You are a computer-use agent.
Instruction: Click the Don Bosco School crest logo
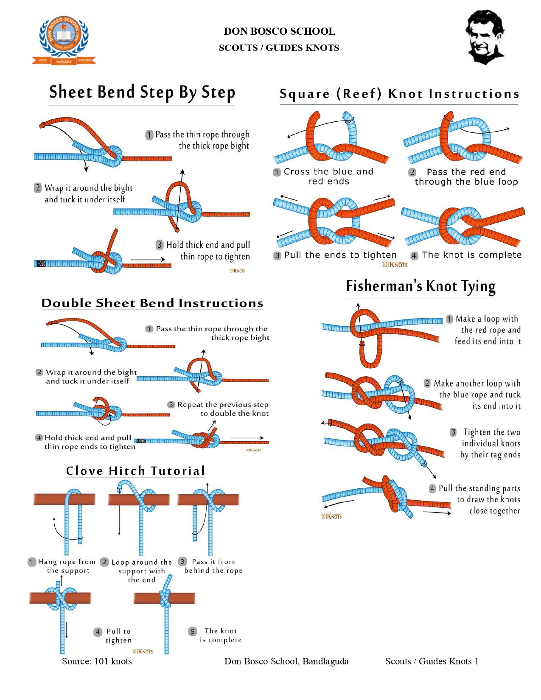(64, 40)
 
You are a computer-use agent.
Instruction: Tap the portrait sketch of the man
(485, 37)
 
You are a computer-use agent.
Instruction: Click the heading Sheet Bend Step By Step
(142, 92)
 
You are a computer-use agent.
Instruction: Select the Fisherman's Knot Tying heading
(420, 287)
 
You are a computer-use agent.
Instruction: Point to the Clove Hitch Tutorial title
(135, 471)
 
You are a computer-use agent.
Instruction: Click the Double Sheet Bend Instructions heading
(152, 303)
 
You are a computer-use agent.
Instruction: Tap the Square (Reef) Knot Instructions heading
(399, 94)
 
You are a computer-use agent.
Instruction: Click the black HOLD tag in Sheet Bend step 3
(41, 264)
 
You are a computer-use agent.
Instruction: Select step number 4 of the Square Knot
(414, 256)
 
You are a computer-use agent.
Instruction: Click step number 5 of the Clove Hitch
(193, 632)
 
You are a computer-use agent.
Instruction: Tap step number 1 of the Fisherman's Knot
(450, 319)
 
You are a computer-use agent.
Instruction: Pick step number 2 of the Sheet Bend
(38, 188)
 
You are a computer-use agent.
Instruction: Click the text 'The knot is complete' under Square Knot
(472, 255)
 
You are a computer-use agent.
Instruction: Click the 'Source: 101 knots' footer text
(97, 661)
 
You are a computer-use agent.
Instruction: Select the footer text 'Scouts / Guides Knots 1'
(432, 661)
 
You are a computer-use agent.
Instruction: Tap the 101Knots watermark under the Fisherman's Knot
(331, 516)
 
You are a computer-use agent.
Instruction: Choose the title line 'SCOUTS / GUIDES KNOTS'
(279, 48)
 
